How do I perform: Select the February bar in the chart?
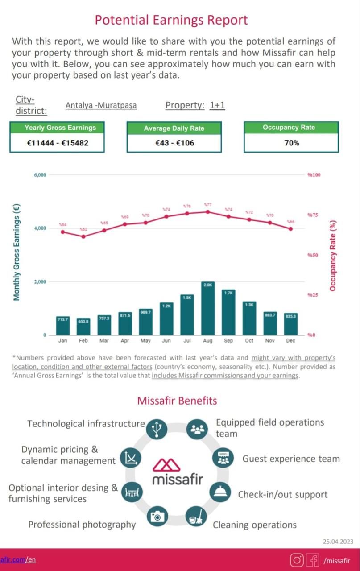[x=83, y=327]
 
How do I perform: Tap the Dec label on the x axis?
[x=291, y=340]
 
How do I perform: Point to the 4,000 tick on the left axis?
[x=40, y=228]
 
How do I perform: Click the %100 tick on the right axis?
[x=314, y=175]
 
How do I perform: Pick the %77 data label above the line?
[x=207, y=204]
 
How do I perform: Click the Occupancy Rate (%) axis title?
[x=333, y=256]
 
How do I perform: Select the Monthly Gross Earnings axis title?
[x=17, y=252]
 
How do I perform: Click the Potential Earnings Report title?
[x=171, y=20]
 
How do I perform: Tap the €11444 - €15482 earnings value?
[x=57, y=143]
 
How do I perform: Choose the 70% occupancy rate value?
[x=291, y=143]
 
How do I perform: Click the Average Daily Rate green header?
[x=174, y=128]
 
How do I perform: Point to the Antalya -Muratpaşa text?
[x=101, y=106]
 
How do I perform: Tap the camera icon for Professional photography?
[x=157, y=517]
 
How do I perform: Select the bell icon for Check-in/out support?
[x=221, y=492]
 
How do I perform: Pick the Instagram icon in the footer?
[x=297, y=560]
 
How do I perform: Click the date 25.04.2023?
[x=338, y=542]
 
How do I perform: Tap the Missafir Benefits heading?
[x=177, y=401]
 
